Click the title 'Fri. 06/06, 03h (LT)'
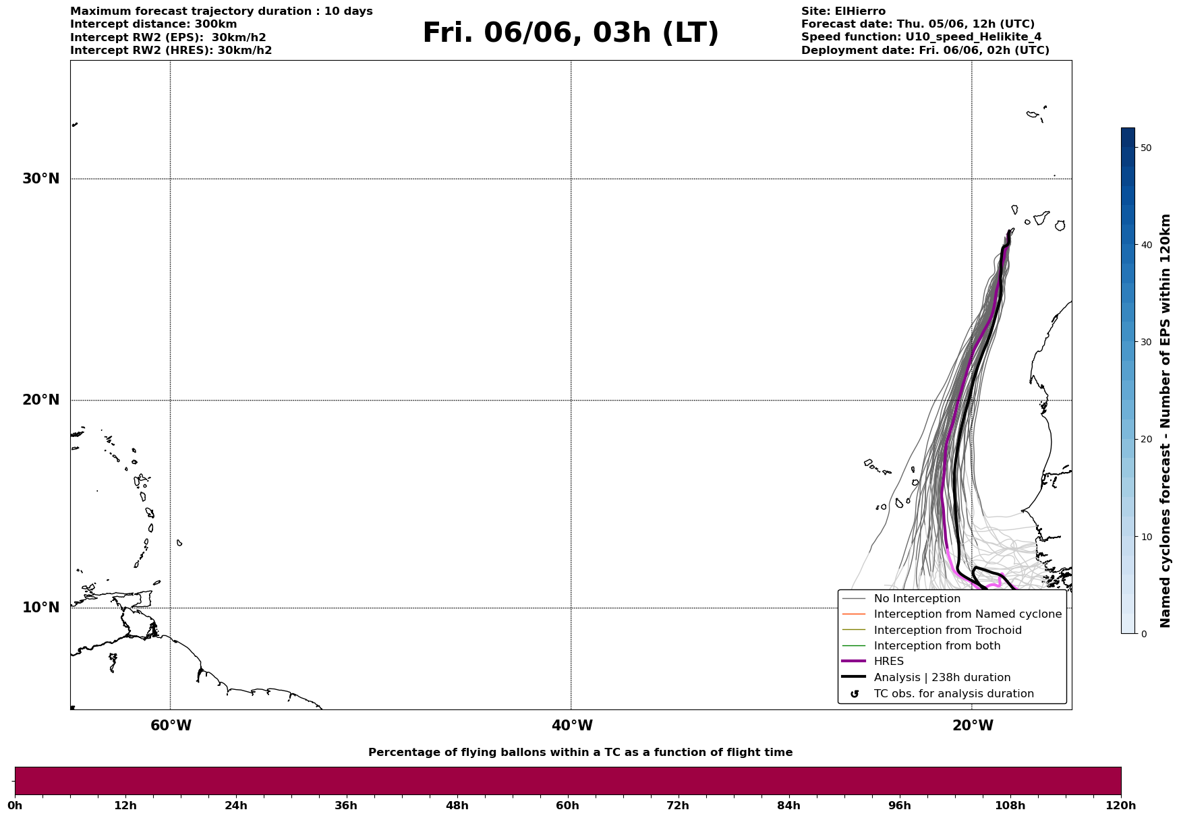[x=570, y=33]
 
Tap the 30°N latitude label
[x=41, y=179]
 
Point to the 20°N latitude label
[x=41, y=400]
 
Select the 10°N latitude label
[x=41, y=608]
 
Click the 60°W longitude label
[x=171, y=726]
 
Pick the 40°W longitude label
[x=572, y=726]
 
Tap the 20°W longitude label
[x=973, y=726]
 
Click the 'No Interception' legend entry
[x=917, y=599]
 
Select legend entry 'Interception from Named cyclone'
[x=967, y=614]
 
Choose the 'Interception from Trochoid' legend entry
[x=947, y=631]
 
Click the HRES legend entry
[x=888, y=662]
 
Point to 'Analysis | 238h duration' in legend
[x=942, y=678]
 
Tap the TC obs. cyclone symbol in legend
[x=855, y=694]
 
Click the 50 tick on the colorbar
[x=1145, y=148]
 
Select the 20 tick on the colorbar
[x=1145, y=440]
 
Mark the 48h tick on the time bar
[x=457, y=806]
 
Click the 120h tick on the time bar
[x=1121, y=806]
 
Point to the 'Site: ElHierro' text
[x=843, y=11]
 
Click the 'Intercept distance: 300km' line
[x=153, y=24]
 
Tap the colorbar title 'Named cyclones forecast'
[x=1165, y=421]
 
